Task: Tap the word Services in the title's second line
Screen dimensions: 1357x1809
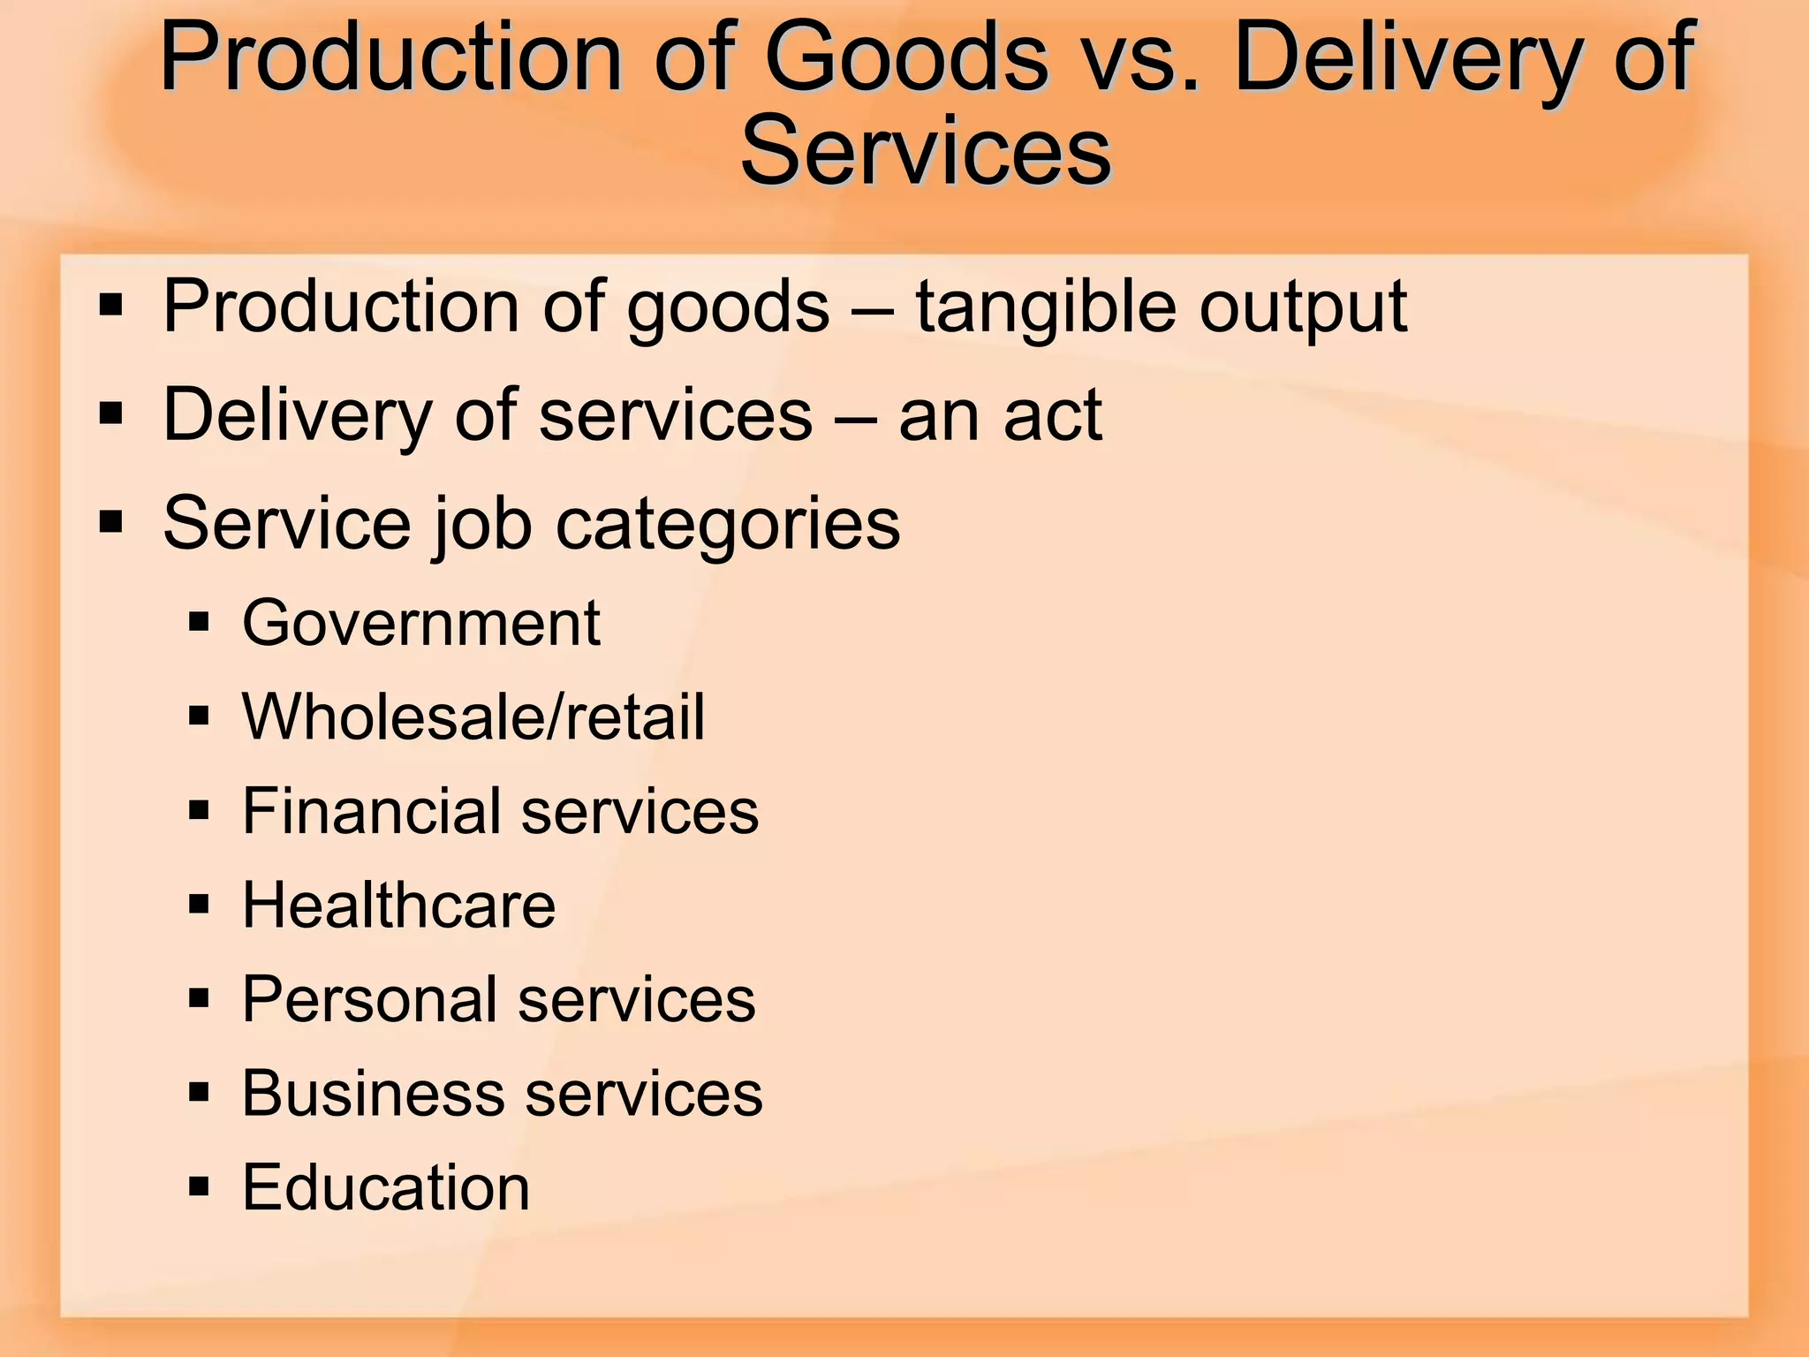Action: click(926, 152)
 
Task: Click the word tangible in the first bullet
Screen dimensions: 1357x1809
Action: click(1045, 308)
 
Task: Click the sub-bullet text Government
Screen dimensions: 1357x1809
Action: click(421, 623)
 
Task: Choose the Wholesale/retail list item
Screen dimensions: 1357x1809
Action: click(473, 716)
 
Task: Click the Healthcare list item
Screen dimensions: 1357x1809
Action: click(399, 906)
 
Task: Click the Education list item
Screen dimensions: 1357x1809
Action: click(386, 1187)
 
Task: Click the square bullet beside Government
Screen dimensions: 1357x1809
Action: click(200, 622)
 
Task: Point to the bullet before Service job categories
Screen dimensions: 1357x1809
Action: click(111, 522)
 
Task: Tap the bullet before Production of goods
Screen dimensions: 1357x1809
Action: click(111, 306)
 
